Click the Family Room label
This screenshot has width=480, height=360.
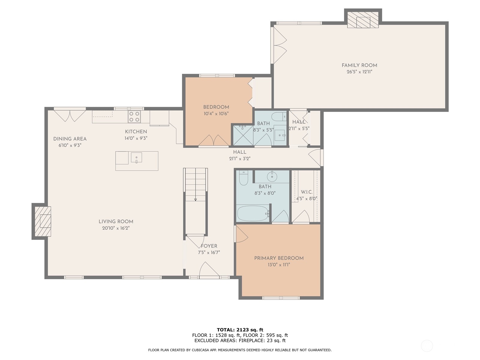point(359,65)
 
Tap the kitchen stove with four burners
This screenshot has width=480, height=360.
point(134,117)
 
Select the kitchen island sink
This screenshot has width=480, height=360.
point(136,157)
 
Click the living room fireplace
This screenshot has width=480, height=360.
point(43,221)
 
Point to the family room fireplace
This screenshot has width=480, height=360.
point(363,20)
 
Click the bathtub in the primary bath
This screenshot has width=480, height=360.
point(253,213)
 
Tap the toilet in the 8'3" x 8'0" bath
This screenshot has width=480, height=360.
point(243,178)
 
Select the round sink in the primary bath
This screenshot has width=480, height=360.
point(272,177)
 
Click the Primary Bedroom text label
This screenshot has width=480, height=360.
point(279,258)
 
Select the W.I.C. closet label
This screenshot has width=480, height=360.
point(307,192)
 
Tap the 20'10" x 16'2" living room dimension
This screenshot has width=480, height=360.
point(116,228)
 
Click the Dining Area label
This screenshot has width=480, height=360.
point(70,139)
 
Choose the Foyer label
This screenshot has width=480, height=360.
point(209,246)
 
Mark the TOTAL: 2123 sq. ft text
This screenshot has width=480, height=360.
point(240,330)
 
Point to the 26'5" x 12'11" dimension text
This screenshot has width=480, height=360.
point(359,72)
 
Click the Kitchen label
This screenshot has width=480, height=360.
point(136,132)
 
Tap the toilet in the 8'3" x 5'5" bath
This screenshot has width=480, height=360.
point(280,116)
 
